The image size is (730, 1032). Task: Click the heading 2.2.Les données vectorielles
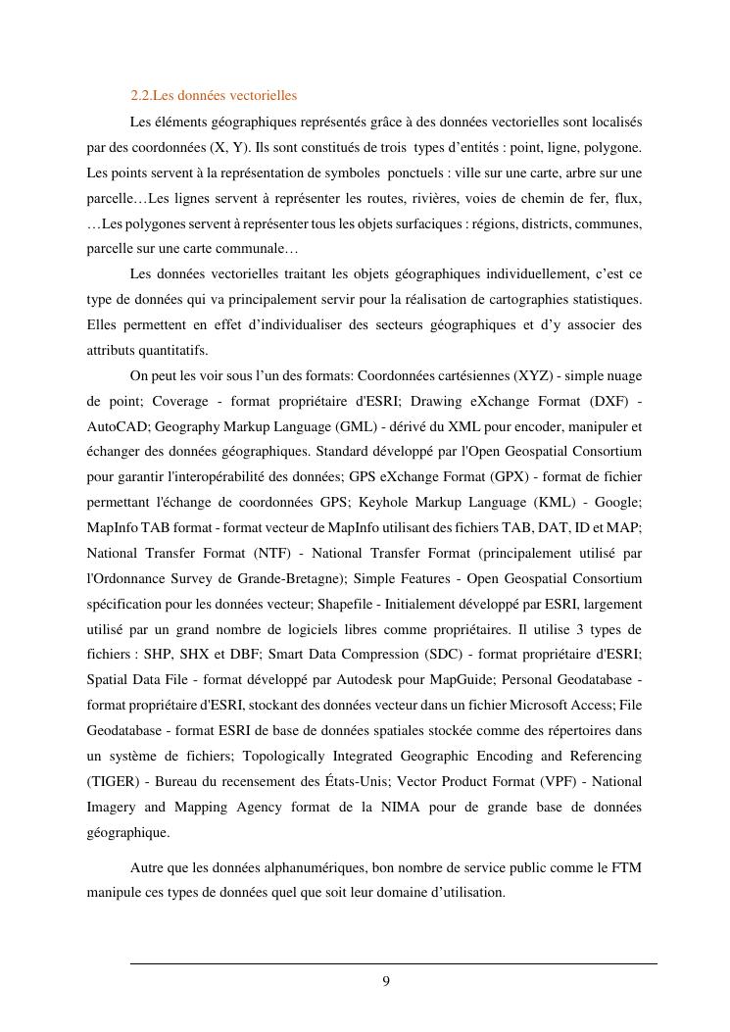(x=214, y=95)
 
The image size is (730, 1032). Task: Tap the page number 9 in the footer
(x=386, y=982)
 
